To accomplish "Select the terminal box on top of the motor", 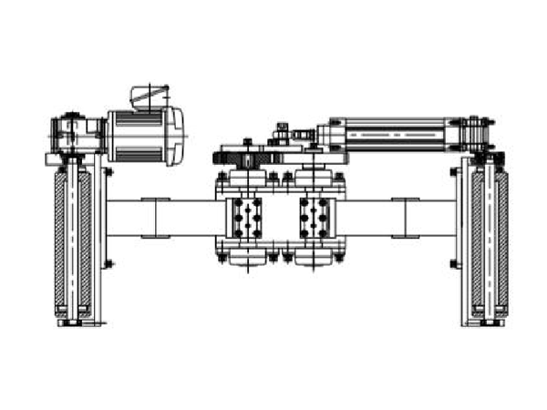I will (150, 95).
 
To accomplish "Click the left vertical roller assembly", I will (72, 241).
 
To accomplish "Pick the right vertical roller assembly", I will (485, 241).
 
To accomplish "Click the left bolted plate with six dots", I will (246, 219).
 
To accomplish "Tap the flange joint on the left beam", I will (153, 219).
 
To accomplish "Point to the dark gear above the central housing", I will (246, 157).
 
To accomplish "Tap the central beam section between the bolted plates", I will (280, 219).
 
